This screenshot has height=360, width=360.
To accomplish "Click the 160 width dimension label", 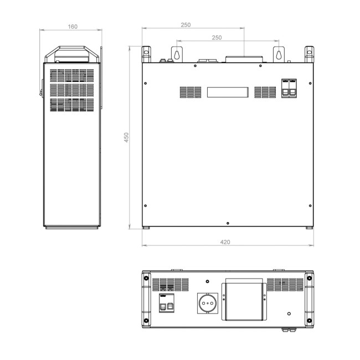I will pos(73,26).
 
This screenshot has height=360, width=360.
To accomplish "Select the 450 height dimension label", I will pos(126,138).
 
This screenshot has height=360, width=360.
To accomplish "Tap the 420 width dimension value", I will pos(225,242).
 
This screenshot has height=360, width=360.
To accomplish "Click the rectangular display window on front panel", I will pos(227,92).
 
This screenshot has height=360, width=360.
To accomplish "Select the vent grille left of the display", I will pos(190,92).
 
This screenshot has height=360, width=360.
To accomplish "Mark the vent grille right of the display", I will pos(265,92).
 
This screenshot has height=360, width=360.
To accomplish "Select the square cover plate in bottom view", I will pos(244,302).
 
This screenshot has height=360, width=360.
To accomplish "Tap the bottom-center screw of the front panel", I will pos(228,224).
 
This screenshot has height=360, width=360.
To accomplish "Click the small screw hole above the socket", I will pos(208,281).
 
